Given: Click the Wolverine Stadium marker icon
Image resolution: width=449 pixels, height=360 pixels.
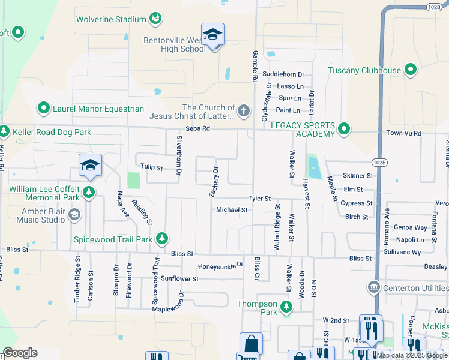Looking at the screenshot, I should [155, 19].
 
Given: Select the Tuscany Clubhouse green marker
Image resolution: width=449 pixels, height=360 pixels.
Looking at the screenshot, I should [411, 70].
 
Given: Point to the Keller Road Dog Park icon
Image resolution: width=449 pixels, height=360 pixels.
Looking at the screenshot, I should [4, 131].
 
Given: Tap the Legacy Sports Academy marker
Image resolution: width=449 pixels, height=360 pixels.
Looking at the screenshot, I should [343, 129].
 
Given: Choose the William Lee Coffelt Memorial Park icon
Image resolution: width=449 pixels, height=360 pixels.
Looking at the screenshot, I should [89, 193].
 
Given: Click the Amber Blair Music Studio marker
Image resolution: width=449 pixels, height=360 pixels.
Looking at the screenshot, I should [74, 215].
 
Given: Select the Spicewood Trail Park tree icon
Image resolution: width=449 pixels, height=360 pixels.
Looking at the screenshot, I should [161, 239].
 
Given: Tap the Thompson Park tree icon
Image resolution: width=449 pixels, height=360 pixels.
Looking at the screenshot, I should [286, 307].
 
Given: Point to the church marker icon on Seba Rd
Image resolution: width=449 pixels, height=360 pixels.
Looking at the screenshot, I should [243, 110].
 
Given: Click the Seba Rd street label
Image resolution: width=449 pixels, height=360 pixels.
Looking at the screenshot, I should [197, 128].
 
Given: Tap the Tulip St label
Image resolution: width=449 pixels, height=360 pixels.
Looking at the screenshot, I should [151, 167].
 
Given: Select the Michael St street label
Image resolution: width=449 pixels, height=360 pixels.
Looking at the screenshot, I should [232, 210].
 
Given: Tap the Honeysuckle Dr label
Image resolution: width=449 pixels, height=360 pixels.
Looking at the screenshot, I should [220, 265].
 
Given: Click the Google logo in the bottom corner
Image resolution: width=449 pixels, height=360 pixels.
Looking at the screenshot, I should [20, 353].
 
